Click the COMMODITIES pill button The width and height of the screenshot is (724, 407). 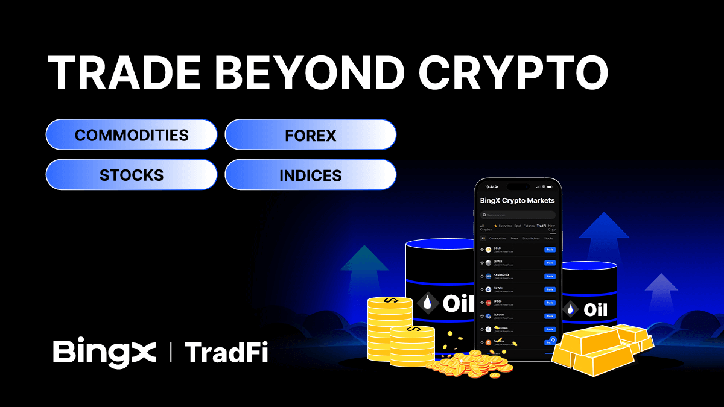[131, 134]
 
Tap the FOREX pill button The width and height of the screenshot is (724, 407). [310, 134]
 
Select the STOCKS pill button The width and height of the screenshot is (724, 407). [131, 175]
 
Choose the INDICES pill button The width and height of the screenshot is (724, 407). [310, 175]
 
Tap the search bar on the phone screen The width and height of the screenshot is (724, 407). [518, 215]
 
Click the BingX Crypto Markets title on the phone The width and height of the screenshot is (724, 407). [517, 200]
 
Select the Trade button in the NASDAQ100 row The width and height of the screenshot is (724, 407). [549, 276]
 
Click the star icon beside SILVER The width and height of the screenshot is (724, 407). [482, 263]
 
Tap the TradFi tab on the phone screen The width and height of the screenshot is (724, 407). [541, 226]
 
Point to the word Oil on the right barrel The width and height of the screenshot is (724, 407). [595, 310]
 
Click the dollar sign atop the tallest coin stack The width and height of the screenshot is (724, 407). [390, 300]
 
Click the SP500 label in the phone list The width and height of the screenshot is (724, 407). [498, 301]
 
